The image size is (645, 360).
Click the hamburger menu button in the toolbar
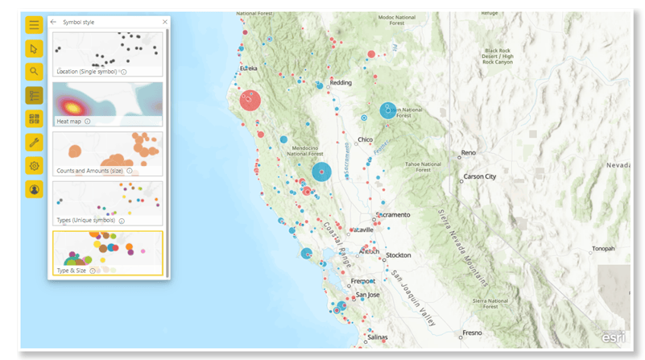34,25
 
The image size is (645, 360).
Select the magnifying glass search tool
34,72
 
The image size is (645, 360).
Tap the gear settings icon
34,166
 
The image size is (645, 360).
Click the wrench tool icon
34,143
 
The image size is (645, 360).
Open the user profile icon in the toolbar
34,189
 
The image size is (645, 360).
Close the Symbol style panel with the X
165,22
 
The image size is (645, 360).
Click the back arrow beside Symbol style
54,22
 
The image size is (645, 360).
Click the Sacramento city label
395,215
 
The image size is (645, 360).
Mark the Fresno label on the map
472,333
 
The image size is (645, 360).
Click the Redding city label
341,82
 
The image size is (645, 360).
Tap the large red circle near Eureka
250,101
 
